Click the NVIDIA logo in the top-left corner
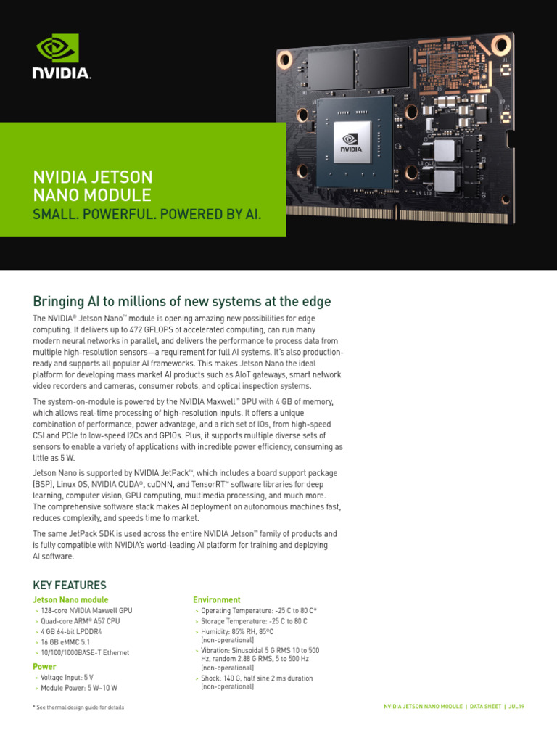[x=61, y=56]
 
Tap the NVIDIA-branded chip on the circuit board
[x=352, y=141]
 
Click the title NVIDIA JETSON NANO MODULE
[x=93, y=186]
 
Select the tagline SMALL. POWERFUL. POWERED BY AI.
[x=147, y=215]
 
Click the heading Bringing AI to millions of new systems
[x=182, y=301]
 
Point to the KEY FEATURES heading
[x=70, y=585]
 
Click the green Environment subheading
[x=216, y=600]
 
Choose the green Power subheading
[x=44, y=666]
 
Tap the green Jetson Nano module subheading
[x=70, y=600]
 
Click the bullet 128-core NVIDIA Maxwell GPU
[x=86, y=611]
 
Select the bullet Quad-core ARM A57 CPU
[x=81, y=621]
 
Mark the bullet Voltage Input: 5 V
[x=67, y=677]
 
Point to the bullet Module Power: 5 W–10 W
[x=79, y=688]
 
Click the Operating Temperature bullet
[x=258, y=611]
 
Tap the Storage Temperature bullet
[x=254, y=621]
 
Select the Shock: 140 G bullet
[x=257, y=678]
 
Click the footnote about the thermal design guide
[x=78, y=707]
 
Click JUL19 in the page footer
[x=516, y=707]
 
